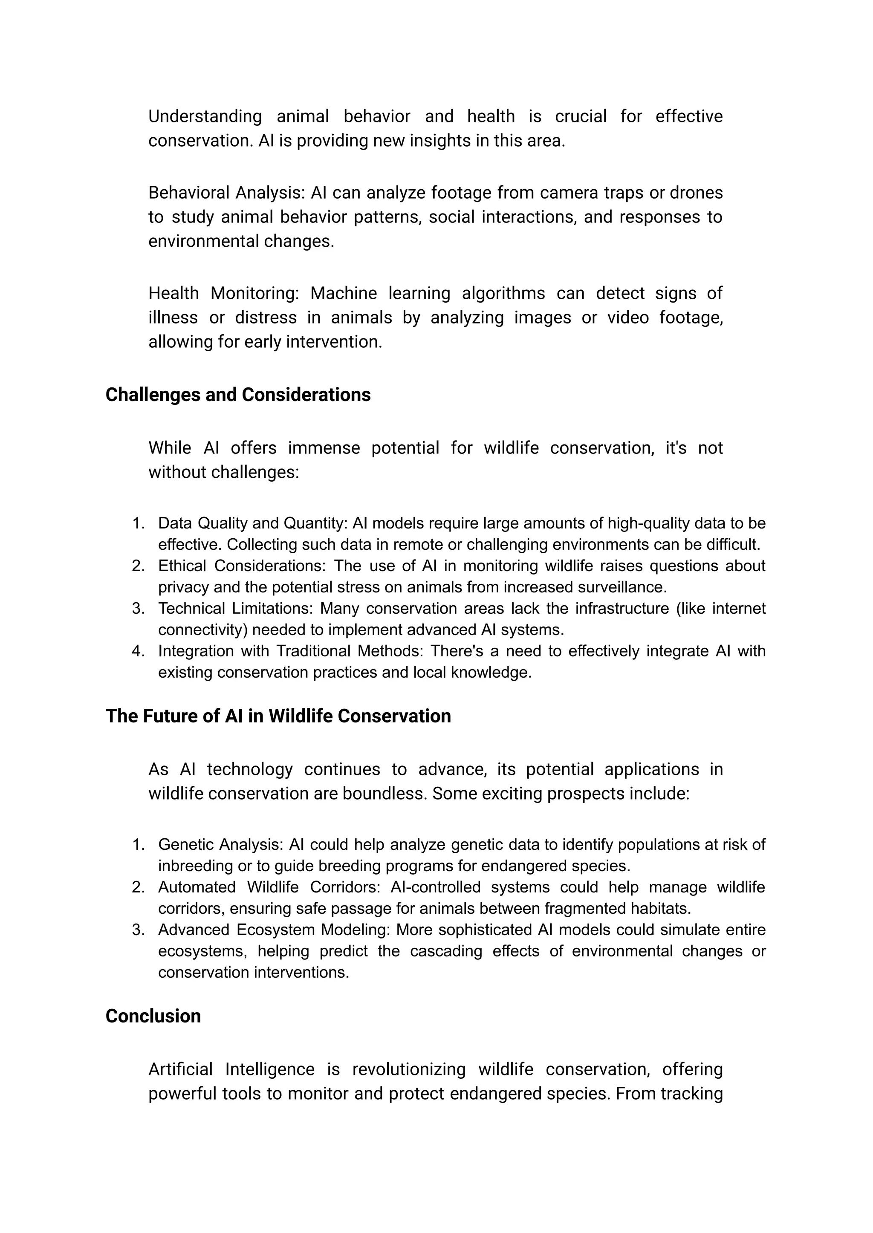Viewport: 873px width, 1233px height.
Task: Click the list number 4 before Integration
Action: click(x=138, y=651)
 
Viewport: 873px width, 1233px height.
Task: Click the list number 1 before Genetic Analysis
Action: click(x=138, y=845)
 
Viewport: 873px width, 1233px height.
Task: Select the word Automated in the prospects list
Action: click(x=197, y=887)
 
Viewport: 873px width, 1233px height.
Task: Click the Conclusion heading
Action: click(x=153, y=1016)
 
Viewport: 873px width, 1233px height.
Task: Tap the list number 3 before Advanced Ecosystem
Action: click(x=138, y=930)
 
